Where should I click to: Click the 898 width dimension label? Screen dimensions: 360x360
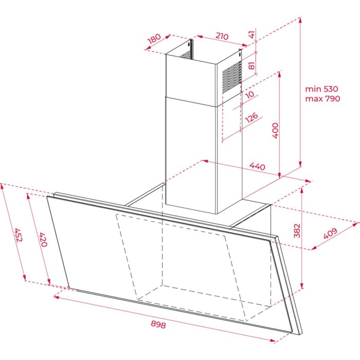[159, 325]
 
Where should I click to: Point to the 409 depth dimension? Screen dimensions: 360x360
[330, 233]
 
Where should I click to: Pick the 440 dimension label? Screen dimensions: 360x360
[257, 167]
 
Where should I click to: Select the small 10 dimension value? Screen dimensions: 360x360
[249, 95]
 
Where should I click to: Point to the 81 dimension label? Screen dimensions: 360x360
[251, 66]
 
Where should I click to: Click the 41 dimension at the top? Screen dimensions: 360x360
[251, 35]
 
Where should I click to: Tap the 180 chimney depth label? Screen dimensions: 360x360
[154, 39]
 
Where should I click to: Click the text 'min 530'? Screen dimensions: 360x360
[322, 89]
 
